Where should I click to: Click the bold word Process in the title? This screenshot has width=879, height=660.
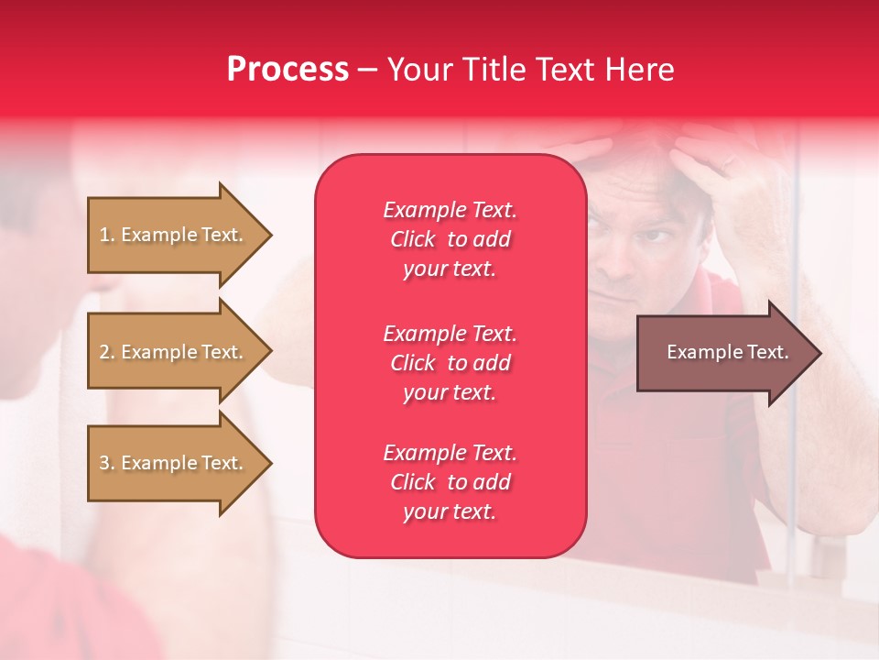coord(288,70)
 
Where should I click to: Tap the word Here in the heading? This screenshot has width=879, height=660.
coord(639,70)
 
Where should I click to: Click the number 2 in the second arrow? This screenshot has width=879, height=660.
coord(104,352)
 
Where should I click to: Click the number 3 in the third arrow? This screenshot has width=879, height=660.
coord(104,463)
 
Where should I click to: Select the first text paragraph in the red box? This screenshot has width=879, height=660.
coord(450,238)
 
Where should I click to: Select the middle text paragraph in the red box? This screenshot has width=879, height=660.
coord(450,362)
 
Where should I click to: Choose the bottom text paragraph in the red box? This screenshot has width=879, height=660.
coord(450,481)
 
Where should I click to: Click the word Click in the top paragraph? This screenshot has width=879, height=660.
coord(412,239)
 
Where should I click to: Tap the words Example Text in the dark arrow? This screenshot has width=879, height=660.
coord(727,352)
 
